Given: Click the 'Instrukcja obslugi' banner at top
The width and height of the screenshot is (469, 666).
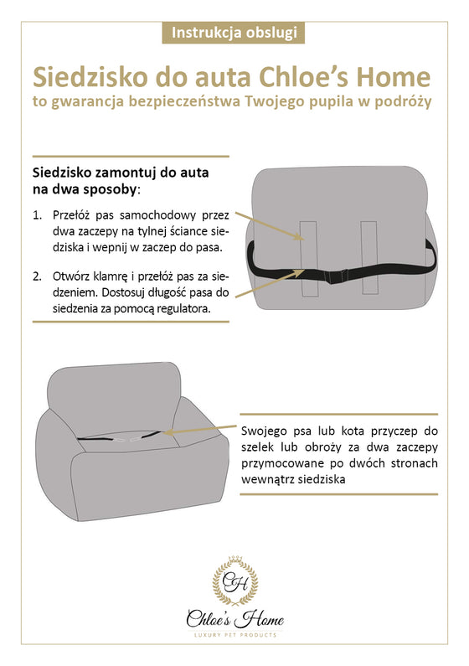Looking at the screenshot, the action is point(234,33).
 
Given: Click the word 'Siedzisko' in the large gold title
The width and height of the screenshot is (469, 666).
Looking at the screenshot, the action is point(90,77).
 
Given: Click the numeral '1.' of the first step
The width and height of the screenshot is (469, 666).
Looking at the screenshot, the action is point(38,215).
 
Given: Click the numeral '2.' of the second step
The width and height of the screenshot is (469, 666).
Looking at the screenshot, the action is point(38,276).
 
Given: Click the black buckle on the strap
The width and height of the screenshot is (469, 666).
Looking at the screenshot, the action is point(337,276).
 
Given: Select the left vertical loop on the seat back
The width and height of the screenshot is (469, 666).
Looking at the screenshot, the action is point(308,258).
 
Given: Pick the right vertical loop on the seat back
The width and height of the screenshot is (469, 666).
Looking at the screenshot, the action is point(368,257).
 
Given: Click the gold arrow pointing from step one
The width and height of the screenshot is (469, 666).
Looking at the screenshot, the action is point(270,226).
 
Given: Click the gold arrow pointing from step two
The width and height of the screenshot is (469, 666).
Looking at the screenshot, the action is point(270,283).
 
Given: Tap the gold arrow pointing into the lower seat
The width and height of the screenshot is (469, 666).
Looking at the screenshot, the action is point(199,429).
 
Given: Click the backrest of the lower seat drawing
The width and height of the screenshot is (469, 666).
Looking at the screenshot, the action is point(115,389).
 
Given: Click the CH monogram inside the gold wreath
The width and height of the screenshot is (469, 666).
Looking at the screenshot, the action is point(235,581).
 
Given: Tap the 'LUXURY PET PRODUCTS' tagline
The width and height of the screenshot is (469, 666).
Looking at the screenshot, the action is point(235,635).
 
